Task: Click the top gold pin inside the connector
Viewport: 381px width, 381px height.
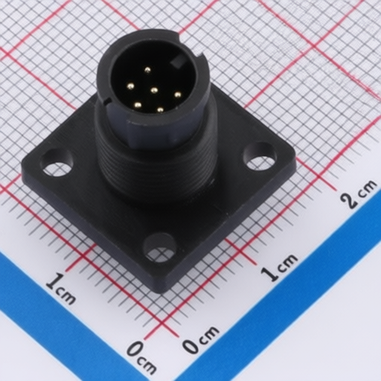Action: point(148,70)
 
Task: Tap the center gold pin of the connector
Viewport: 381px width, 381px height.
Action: point(155,90)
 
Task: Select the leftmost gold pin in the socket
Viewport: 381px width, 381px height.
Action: point(130,86)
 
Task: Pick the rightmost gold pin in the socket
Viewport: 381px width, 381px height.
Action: point(177,95)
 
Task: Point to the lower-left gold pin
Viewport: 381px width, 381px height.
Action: point(137,106)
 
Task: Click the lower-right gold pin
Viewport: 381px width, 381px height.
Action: point(160,109)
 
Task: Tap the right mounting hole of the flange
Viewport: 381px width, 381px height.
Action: point(260,156)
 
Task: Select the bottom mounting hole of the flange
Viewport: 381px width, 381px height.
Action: point(161,247)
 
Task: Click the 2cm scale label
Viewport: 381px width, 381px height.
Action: point(359,194)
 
